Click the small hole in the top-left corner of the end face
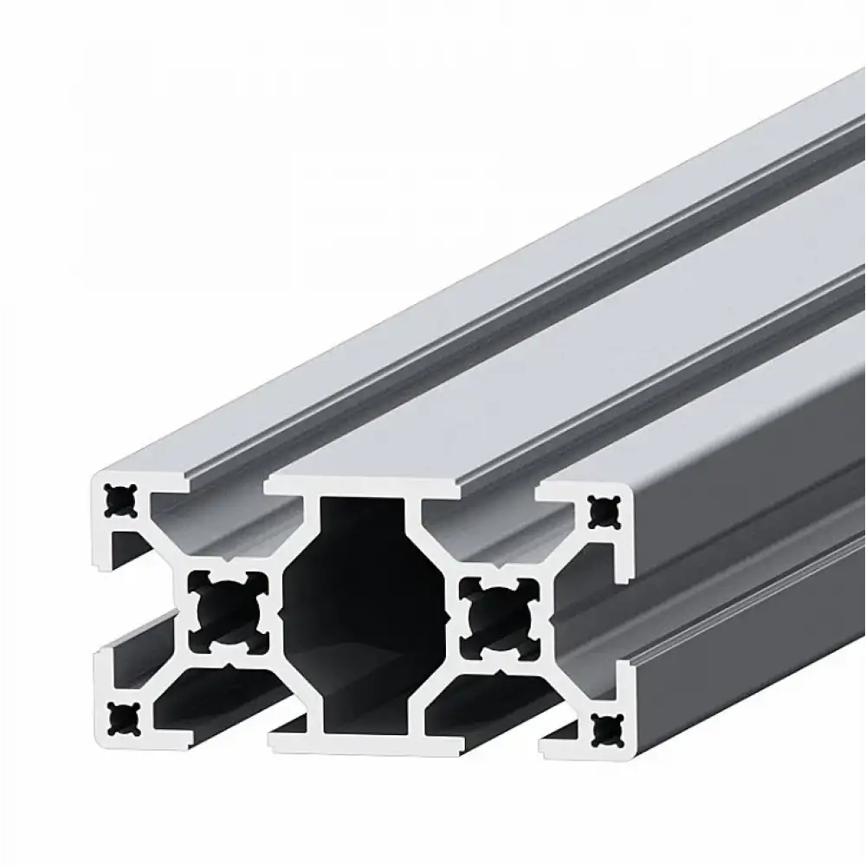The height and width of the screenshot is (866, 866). click(117, 499)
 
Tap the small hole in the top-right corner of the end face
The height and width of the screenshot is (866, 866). click(598, 513)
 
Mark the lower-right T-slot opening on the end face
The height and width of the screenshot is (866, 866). click(485, 706)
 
